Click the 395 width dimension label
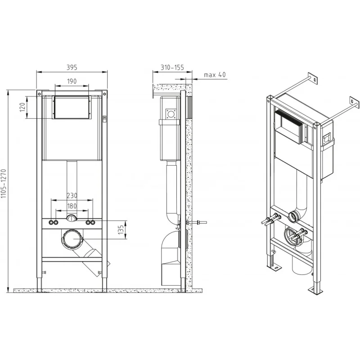[x=72, y=67]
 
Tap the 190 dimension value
[x=72, y=81]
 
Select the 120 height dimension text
[x=22, y=107]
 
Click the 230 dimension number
[x=72, y=196]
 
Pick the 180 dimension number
[x=72, y=206]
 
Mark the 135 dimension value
[x=121, y=230]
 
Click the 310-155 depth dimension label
[x=172, y=67]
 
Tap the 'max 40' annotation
[x=215, y=75]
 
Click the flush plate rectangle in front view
[x=72, y=107]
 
